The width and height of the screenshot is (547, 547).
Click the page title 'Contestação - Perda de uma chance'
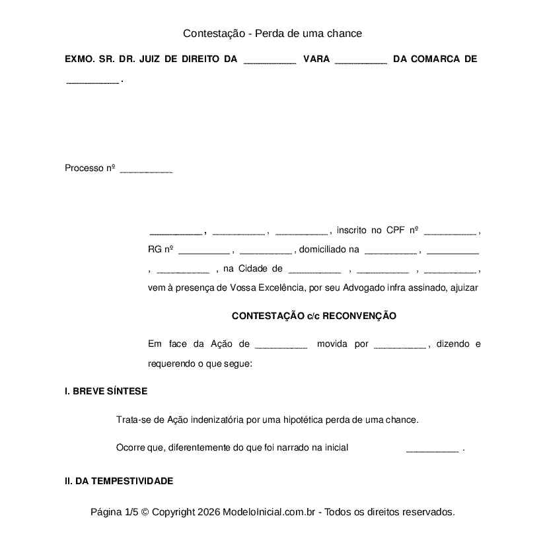272,33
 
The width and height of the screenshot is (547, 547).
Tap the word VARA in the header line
316,59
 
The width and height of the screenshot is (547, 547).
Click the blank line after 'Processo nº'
146,170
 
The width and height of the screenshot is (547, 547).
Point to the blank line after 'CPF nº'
450,233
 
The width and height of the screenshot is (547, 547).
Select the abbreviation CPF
394,230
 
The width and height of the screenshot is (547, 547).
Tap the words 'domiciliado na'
329,250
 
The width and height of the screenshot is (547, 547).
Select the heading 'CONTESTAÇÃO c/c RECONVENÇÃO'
314,316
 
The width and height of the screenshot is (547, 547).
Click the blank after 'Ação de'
281,346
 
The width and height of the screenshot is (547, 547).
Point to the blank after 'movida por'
400,346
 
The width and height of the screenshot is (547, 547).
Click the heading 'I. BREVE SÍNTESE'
106,391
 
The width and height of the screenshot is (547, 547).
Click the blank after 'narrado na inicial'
432,450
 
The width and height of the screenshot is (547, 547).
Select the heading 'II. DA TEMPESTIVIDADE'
119,481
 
